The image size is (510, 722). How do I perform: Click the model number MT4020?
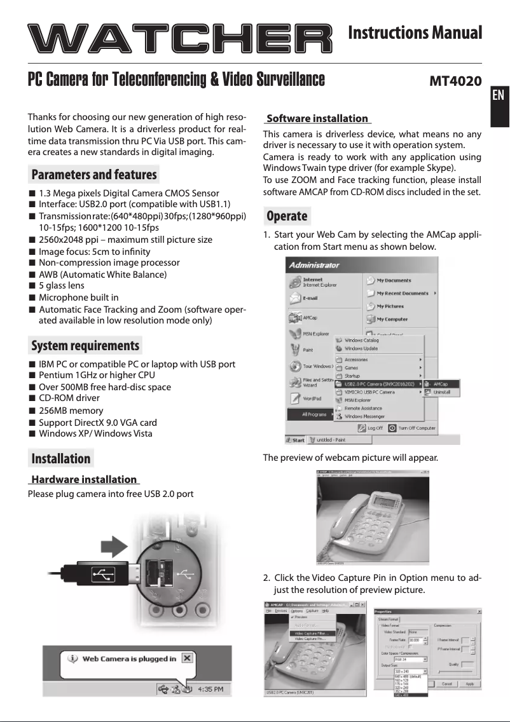pyautogui.click(x=455, y=81)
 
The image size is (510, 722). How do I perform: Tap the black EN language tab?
pyautogui.click(x=499, y=95)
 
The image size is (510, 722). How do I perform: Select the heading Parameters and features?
pyautogui.click(x=93, y=174)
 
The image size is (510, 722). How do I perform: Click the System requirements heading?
pyautogui.click(x=85, y=346)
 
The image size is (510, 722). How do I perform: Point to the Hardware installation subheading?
pyautogui.click(x=84, y=479)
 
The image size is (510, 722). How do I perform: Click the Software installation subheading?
pyautogui.click(x=317, y=118)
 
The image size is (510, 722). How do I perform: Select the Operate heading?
pyautogui.click(x=287, y=216)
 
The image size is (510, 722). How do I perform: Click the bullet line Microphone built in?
pyautogui.click(x=78, y=297)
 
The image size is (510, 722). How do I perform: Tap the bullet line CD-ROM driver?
pyautogui.click(x=69, y=398)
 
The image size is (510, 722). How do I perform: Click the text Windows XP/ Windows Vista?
pyautogui.click(x=95, y=434)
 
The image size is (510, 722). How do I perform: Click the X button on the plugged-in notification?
pyautogui.click(x=186, y=658)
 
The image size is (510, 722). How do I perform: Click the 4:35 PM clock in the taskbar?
pyautogui.click(x=209, y=688)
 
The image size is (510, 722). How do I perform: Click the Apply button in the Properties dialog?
pyautogui.click(x=469, y=684)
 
